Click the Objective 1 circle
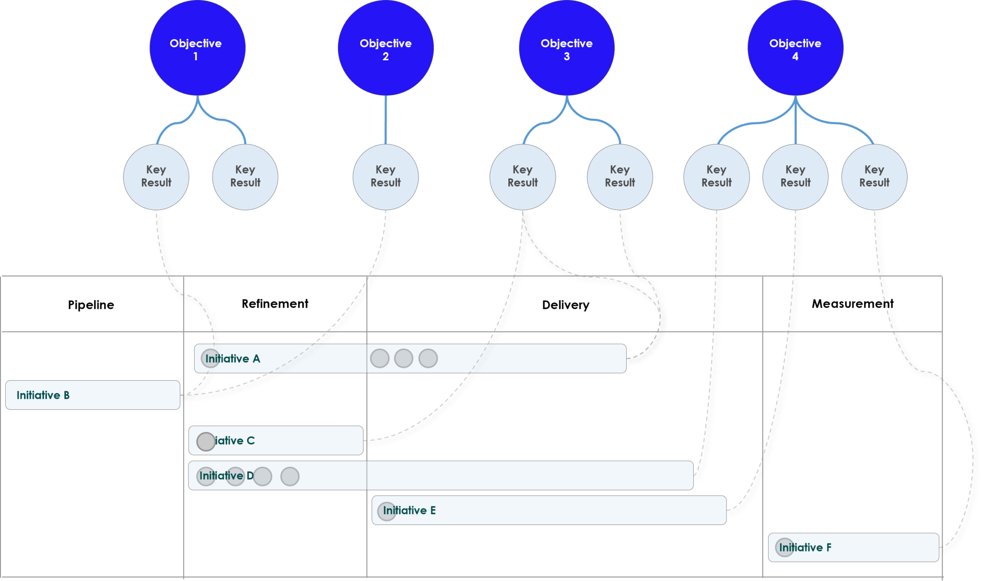pos(197,48)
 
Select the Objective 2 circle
pos(386,48)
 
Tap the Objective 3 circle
pos(566,48)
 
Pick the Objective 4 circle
pos(795,48)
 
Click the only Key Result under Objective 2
pos(386,177)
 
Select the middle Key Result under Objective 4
pos(795,177)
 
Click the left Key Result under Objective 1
pos(156,177)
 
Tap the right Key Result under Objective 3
pos(620,177)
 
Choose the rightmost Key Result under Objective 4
pos(874,177)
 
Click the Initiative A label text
pos(233,359)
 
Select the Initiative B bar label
pos(43,395)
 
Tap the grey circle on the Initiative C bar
pos(206,442)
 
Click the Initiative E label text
pos(409,511)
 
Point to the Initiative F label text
pos(806,547)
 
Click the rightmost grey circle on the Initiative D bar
pos(290,476)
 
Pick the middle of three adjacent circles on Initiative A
pos(403,358)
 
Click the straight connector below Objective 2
pos(386,120)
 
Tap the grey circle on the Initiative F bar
pos(784,547)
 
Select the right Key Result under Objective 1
pos(245,177)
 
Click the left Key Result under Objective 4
pos(716,177)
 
